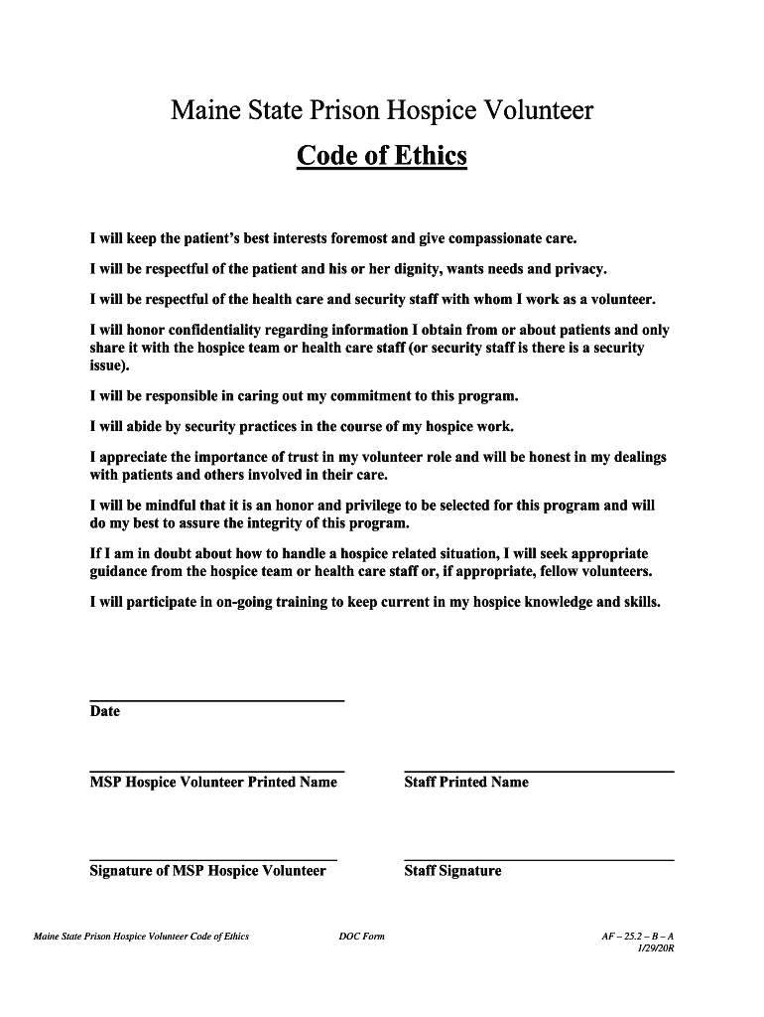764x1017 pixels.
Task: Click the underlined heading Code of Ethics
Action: pyautogui.click(x=381, y=157)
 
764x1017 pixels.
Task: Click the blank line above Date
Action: pyautogui.click(x=216, y=701)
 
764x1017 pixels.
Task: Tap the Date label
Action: pyautogui.click(x=105, y=711)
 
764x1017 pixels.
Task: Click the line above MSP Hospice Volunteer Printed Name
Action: pyautogui.click(x=216, y=771)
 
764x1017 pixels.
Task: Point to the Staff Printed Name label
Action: pyautogui.click(x=466, y=783)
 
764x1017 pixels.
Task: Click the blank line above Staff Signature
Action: pyautogui.click(x=539, y=859)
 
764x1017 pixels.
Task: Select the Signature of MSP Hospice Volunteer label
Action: pyautogui.click(x=207, y=871)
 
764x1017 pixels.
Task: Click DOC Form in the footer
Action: pyautogui.click(x=361, y=937)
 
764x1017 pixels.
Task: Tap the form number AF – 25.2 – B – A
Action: pyautogui.click(x=631, y=937)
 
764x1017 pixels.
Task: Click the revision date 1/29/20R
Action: pyautogui.click(x=655, y=949)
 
